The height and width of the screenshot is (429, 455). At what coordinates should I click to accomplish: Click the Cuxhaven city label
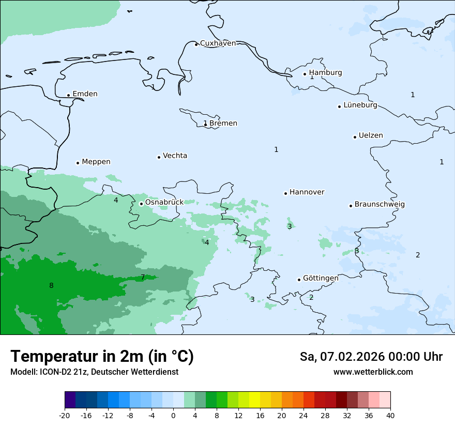click(218, 43)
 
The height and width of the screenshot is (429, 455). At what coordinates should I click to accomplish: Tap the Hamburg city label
click(325, 73)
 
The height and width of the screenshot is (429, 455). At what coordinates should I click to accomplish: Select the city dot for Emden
click(68, 95)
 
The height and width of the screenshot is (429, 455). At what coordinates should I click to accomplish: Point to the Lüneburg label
click(360, 105)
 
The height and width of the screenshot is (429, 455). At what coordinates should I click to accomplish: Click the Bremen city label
click(223, 124)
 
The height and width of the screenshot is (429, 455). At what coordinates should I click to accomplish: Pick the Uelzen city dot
click(355, 137)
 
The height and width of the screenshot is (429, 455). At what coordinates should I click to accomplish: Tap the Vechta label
click(175, 156)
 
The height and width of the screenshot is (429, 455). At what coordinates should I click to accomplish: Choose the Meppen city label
click(96, 162)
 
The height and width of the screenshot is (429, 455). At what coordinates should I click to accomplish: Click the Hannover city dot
click(285, 193)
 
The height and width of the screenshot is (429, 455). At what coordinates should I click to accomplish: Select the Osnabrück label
click(164, 203)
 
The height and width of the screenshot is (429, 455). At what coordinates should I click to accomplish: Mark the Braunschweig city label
click(379, 205)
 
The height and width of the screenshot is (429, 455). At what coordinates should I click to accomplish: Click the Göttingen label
click(321, 279)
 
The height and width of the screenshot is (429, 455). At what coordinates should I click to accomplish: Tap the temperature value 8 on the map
click(51, 286)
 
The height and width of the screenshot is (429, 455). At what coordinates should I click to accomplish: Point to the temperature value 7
click(143, 278)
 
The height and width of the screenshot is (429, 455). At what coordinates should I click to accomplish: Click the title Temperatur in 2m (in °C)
click(102, 356)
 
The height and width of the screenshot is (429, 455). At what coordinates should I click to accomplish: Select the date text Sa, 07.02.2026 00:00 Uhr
click(371, 357)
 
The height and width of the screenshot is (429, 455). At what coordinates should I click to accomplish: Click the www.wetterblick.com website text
click(373, 372)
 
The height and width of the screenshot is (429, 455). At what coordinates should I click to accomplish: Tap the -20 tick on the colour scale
click(65, 416)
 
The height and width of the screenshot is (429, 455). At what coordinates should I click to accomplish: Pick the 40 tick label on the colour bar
click(390, 416)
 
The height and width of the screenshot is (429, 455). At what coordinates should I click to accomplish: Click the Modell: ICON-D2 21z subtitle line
click(94, 372)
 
